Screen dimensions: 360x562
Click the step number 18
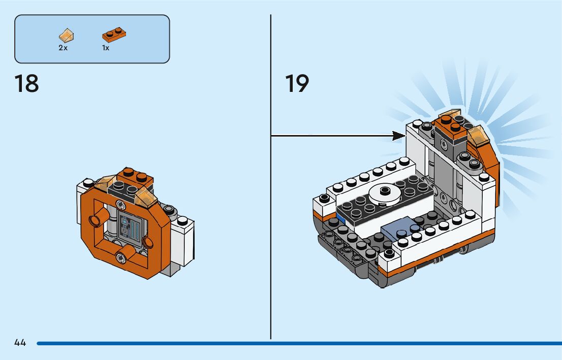[x=26, y=84]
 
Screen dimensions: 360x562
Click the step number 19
[x=297, y=84]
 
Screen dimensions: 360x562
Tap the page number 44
[x=20, y=343]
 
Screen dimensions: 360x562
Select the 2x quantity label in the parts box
[x=63, y=48]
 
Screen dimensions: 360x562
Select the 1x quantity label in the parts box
[x=106, y=48]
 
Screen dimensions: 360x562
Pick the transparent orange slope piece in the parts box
[x=66, y=36]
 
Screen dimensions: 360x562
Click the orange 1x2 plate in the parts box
[x=114, y=35]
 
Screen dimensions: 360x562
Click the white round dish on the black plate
[x=384, y=192]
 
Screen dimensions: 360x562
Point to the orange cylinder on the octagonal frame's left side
[x=95, y=220]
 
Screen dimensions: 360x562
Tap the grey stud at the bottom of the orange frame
[x=121, y=257]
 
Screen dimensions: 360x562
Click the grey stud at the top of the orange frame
[x=120, y=204]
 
